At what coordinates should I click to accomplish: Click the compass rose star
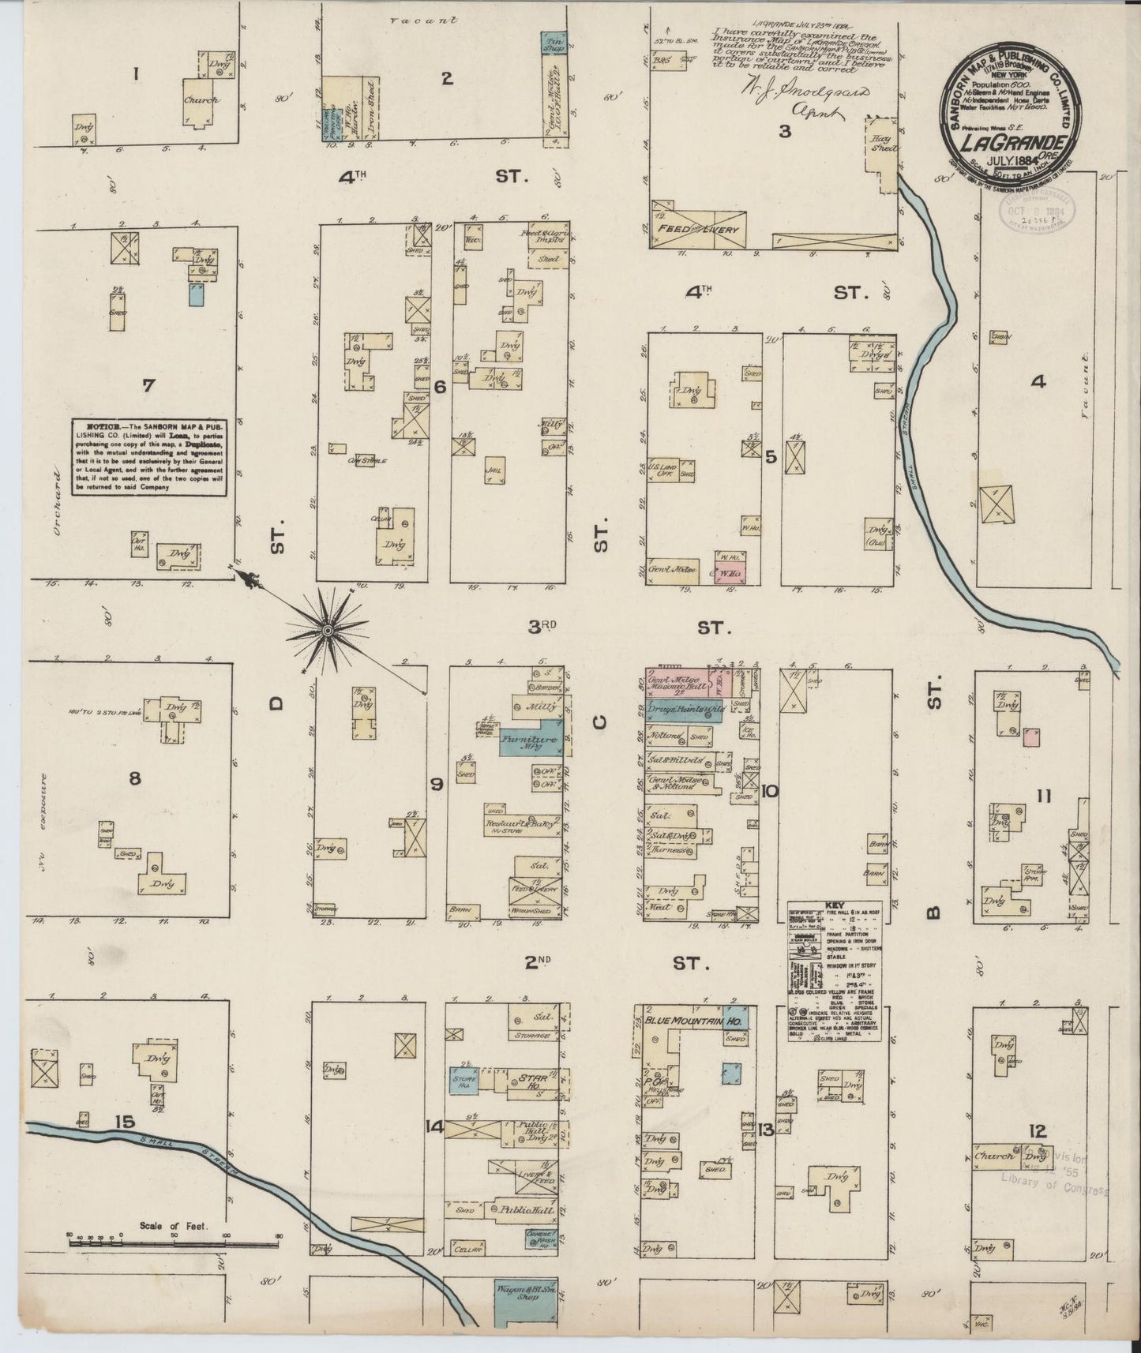click(328, 629)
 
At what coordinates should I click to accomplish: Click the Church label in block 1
click(201, 100)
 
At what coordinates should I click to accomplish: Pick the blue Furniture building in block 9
click(531, 742)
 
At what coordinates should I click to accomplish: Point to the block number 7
click(148, 386)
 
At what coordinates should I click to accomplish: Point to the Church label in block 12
click(993, 1157)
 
